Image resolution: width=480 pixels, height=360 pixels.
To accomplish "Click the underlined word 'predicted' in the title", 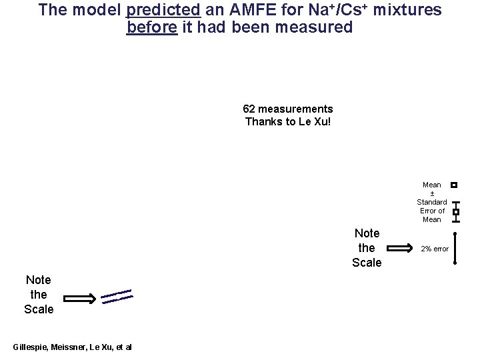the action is [x=162, y=11].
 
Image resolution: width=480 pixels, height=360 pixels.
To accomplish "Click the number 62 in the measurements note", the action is [x=249, y=109].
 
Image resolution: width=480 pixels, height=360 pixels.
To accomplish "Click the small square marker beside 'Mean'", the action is [x=454, y=185].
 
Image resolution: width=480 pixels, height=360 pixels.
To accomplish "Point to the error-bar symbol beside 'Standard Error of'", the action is [x=455, y=211].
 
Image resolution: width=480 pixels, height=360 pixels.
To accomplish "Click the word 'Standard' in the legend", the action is [x=431, y=202].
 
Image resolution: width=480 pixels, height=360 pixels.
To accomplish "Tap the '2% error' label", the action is [x=434, y=249].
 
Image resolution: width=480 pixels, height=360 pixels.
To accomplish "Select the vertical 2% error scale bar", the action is [x=455, y=249].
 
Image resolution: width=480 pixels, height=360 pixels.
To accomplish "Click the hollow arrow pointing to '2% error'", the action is [x=400, y=249].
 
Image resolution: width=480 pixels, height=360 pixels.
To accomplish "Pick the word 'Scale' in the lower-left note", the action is [x=39, y=309].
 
